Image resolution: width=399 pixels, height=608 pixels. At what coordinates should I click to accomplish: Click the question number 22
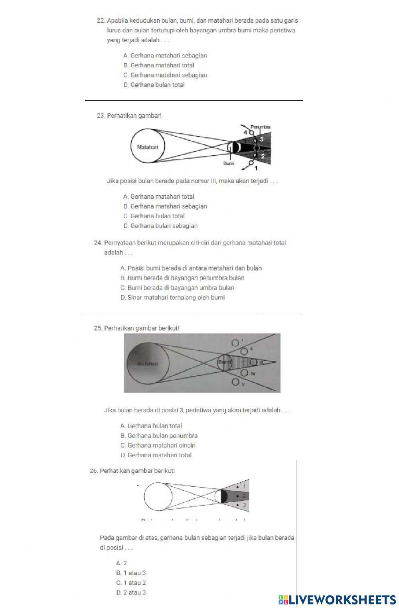coord(101,21)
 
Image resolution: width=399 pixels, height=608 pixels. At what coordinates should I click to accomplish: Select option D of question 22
coord(154,85)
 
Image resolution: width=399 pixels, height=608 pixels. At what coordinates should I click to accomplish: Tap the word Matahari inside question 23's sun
coord(147,147)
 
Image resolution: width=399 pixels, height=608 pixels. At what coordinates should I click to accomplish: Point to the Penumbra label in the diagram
coord(261,127)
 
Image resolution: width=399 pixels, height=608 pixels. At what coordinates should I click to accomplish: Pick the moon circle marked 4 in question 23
coord(251,132)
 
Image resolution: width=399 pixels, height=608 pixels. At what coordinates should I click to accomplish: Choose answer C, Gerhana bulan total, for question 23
coord(154,216)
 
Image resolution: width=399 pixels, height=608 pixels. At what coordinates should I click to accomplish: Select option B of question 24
coord(182,278)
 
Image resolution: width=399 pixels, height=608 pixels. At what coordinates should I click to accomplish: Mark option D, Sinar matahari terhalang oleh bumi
coord(172,298)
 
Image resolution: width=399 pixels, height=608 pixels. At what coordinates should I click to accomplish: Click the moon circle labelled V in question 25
coord(235,383)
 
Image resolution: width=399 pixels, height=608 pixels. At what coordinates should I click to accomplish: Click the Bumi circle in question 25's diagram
coord(224,362)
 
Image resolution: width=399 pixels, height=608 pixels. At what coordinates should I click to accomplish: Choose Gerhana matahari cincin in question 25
coord(158,446)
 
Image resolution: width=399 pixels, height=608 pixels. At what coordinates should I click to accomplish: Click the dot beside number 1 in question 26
coord(238,487)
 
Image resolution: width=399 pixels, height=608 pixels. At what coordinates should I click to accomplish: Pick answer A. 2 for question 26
coord(122,563)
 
